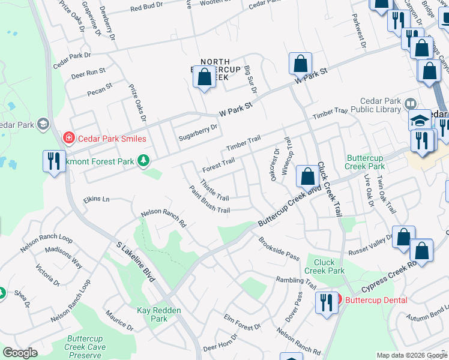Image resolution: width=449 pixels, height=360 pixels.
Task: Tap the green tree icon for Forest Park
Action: click(x=143, y=160)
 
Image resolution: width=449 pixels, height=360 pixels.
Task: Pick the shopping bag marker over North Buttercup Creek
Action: click(x=205, y=77)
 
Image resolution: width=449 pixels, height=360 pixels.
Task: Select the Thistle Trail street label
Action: click(x=214, y=190)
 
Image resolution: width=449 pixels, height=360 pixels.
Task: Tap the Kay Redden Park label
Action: click(x=152, y=314)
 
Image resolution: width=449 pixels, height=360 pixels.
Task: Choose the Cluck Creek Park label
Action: click(x=328, y=266)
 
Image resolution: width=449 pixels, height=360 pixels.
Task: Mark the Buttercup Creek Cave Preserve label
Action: click(x=86, y=347)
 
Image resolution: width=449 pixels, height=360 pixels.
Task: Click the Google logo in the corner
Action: click(x=20, y=353)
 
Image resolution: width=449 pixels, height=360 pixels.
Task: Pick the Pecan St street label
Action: click(x=100, y=88)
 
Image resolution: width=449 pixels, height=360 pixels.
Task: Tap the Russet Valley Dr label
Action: click(x=372, y=235)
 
